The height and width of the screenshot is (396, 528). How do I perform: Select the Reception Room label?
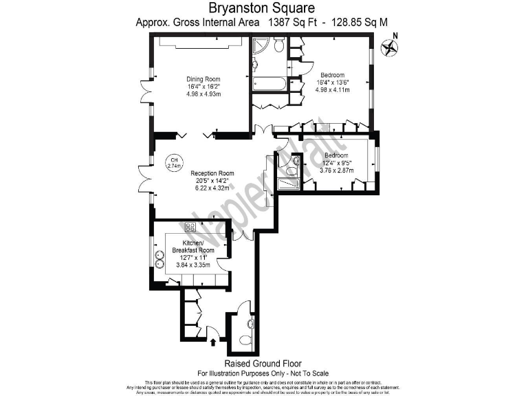tap(212, 173)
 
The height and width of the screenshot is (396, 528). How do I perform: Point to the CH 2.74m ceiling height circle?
tap(174, 163)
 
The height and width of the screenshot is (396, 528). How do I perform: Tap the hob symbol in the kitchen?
tap(190, 228)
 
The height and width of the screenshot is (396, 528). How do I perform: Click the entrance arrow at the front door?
tap(213, 339)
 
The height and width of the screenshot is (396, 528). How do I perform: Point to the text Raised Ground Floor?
tap(263, 363)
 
